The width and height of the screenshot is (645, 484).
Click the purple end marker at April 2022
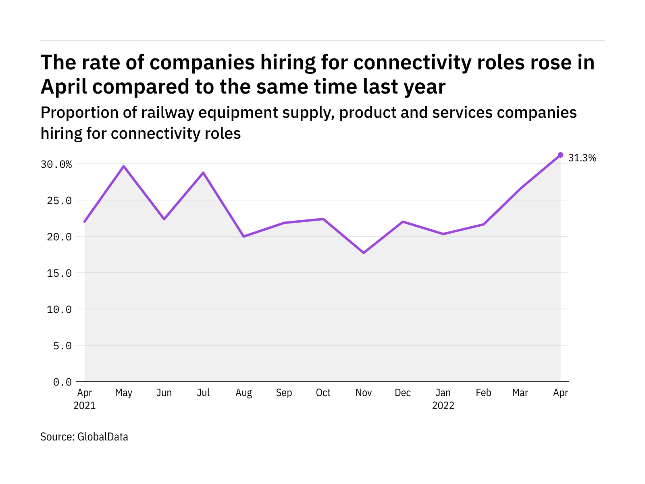pos(560,155)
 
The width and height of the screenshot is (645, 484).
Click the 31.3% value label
pos(582,158)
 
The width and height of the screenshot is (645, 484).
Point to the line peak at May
pos(124,166)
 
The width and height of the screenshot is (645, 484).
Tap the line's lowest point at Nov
pos(364,253)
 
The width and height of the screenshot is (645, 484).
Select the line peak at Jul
pos(203,173)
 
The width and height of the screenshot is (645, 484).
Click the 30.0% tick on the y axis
pos(56,164)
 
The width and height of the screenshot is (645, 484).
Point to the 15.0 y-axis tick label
pos(59,273)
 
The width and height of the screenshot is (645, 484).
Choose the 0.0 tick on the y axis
pos(62,382)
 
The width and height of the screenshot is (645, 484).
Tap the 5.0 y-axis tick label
pos(62,346)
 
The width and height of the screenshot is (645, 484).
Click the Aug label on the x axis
pos(243,393)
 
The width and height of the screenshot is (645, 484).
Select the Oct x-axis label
pos(323,393)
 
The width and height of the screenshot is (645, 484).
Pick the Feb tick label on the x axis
pos(483,393)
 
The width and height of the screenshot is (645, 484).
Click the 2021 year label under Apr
pos(85,405)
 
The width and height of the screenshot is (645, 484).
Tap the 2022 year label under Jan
pos(443,405)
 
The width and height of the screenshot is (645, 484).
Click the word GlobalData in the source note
pos(103,437)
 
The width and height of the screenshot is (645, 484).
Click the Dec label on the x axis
pos(403,393)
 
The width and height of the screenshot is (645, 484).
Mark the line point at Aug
pos(244,236)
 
